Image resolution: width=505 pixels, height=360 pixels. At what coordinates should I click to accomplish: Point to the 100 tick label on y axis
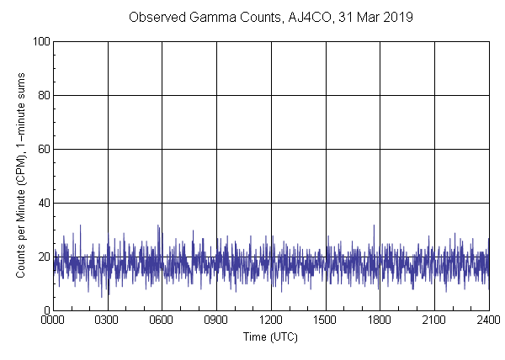[x=40, y=41]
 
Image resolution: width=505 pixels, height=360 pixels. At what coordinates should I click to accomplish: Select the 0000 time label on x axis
[x=53, y=321]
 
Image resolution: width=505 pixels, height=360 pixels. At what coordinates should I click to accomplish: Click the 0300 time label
[x=108, y=321]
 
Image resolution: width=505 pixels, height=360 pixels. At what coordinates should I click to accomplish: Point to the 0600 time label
[x=162, y=321]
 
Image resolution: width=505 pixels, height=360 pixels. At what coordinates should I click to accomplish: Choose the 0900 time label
[x=216, y=321]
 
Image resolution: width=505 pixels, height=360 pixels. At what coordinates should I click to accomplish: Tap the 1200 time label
[x=271, y=321]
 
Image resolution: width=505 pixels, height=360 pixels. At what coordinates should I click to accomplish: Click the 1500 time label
[x=326, y=321]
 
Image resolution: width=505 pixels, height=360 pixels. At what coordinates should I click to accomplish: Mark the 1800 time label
[x=380, y=321]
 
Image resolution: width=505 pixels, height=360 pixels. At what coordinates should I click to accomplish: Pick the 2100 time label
[x=434, y=321]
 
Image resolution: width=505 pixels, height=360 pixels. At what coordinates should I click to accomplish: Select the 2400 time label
[x=488, y=321]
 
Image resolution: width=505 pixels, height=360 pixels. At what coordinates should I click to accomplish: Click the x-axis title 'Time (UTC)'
[x=270, y=336]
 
